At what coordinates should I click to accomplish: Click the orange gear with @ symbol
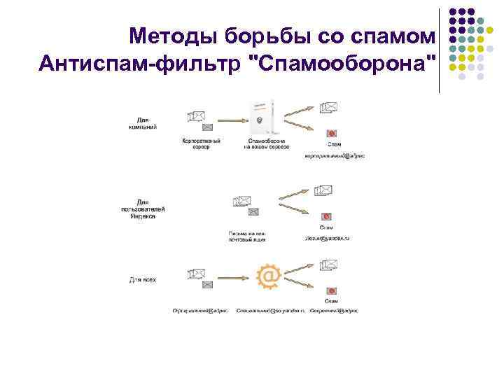pyautogui.click(x=269, y=276)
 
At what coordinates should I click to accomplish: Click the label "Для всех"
pyautogui.click(x=143, y=280)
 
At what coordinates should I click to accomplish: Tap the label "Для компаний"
pyautogui.click(x=143, y=123)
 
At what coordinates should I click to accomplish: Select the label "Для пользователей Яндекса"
pyautogui.click(x=143, y=209)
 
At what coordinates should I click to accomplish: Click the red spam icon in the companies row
pyautogui.click(x=332, y=134)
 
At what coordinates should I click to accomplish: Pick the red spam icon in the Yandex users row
pyautogui.click(x=327, y=216)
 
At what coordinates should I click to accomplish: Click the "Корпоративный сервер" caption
pyautogui.click(x=202, y=144)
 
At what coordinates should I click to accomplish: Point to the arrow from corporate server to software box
pyautogui.click(x=227, y=118)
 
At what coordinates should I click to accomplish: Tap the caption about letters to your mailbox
pyautogui.click(x=247, y=236)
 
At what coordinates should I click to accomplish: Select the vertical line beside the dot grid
pyautogui.click(x=440, y=49)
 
